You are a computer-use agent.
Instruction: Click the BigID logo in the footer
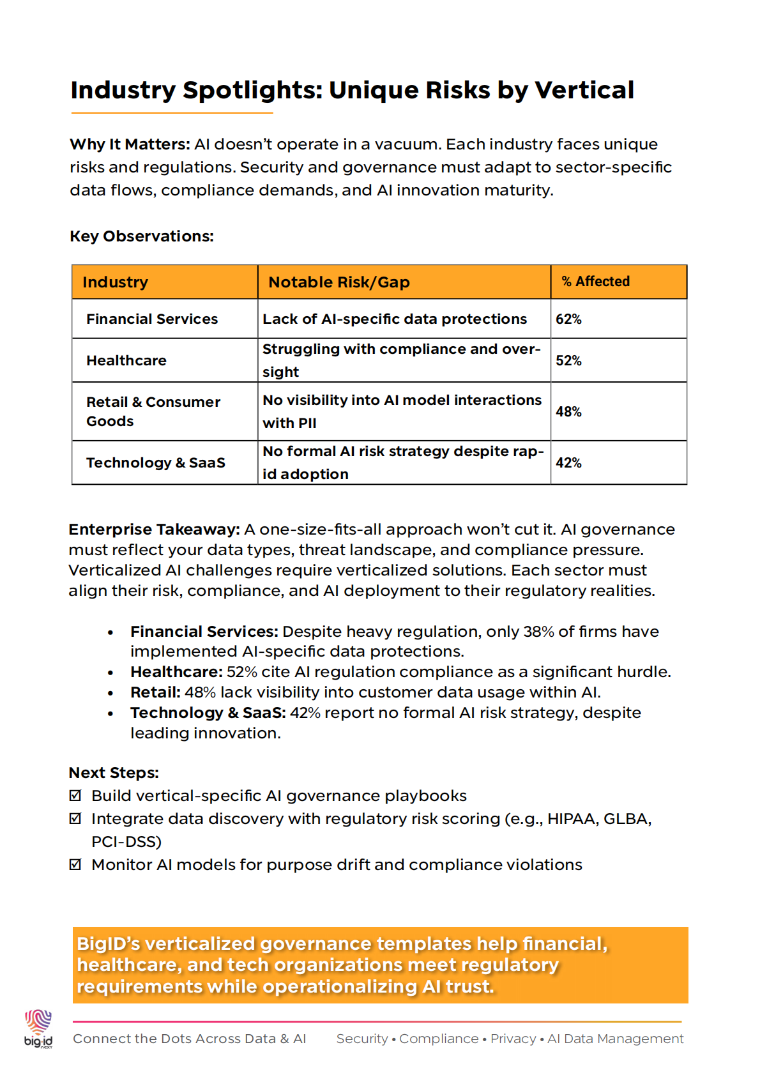click(38, 1028)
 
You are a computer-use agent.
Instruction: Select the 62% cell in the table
click(568, 319)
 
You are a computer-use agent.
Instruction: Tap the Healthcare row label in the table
click(126, 361)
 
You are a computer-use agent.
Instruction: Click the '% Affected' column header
click(595, 282)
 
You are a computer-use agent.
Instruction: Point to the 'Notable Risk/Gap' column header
click(339, 282)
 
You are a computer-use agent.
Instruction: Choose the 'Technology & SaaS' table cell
click(156, 462)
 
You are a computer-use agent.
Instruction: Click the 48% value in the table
click(568, 412)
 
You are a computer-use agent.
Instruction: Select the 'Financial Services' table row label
click(152, 319)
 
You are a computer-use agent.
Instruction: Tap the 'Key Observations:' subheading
click(142, 236)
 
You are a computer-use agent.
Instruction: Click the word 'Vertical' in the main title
click(584, 90)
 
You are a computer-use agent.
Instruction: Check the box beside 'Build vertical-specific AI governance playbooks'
click(75, 796)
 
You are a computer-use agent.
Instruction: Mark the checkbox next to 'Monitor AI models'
click(75, 865)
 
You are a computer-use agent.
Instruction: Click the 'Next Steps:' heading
click(114, 773)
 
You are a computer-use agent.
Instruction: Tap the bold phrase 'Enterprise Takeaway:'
click(154, 530)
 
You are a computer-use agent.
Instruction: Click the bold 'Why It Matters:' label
click(130, 144)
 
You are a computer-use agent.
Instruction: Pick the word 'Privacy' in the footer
click(513, 1039)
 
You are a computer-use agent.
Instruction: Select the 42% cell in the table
click(568, 463)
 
